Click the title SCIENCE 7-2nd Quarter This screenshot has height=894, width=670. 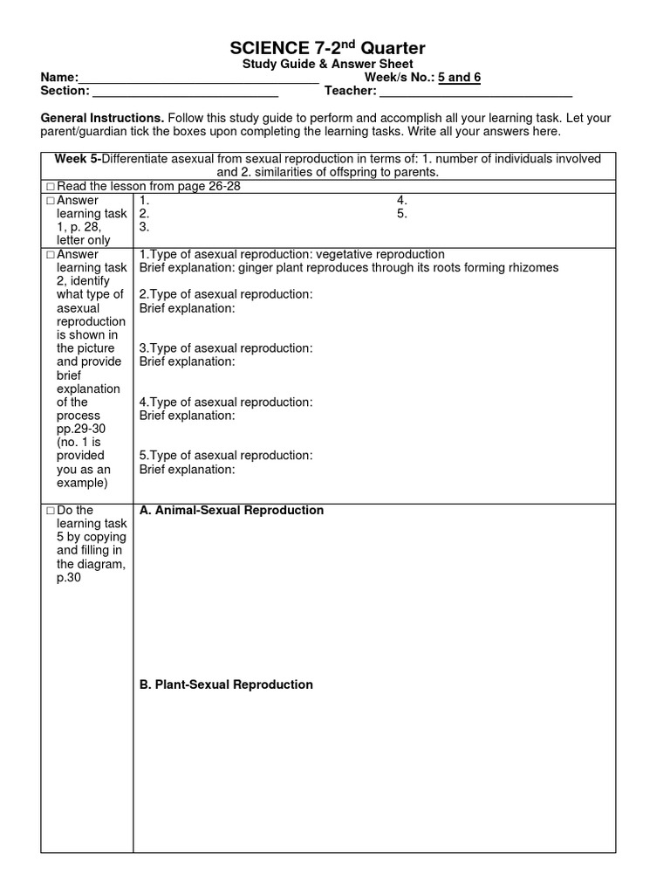pyautogui.click(x=328, y=48)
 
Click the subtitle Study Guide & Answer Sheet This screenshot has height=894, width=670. pyautogui.click(x=327, y=65)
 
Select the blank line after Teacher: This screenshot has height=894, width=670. pyautogui.click(x=475, y=93)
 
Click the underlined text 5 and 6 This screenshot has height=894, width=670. pyautogui.click(x=459, y=78)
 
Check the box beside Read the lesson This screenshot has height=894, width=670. pyautogui.click(x=50, y=187)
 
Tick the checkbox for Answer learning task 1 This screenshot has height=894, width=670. pyautogui.click(x=50, y=201)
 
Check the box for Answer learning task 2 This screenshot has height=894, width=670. pyautogui.click(x=50, y=255)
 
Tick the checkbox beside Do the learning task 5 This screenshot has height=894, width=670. pyautogui.click(x=50, y=511)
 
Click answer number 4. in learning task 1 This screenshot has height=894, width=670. pyautogui.click(x=402, y=200)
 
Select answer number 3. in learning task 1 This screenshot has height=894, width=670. pyautogui.click(x=145, y=226)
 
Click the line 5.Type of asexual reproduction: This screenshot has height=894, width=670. pyautogui.click(x=226, y=456)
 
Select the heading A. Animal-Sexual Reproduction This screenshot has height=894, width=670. pyautogui.click(x=231, y=510)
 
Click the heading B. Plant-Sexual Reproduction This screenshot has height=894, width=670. pyautogui.click(x=226, y=684)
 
